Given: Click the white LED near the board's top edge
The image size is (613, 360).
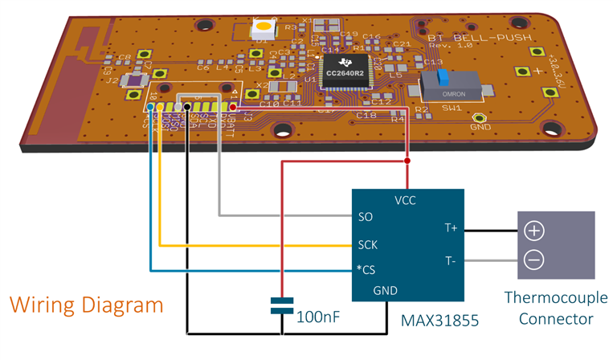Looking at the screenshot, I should click(264, 29).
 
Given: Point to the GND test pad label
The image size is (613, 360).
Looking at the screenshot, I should click(480, 126).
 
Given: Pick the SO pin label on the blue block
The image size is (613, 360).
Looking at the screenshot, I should click(366, 216).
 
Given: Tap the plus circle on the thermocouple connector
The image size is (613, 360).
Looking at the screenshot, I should click(534, 231).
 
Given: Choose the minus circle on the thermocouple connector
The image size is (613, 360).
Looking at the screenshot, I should click(534, 260).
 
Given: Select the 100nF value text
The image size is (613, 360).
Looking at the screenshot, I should click(319, 317).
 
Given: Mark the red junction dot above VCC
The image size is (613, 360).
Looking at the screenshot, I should click(407, 162).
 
